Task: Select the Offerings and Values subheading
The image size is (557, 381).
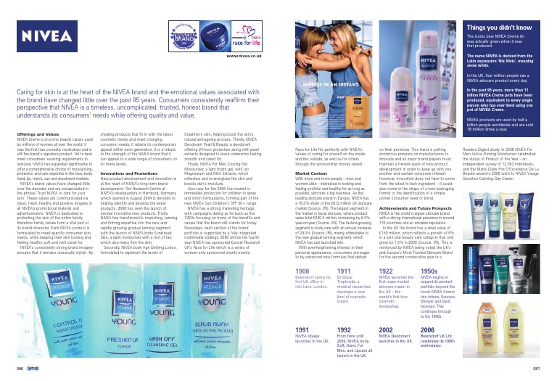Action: (x=37, y=135)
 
